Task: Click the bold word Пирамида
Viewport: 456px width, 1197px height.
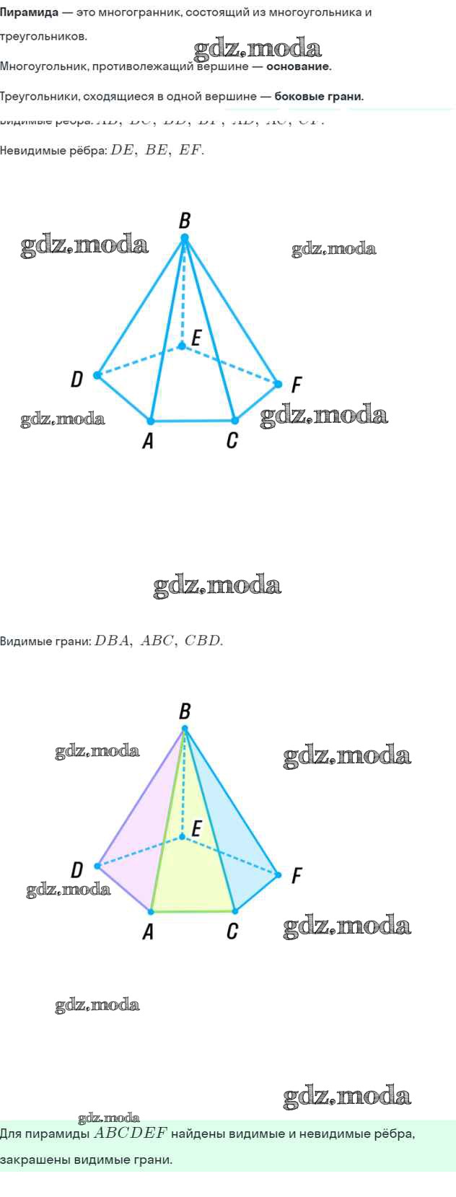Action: coord(29,13)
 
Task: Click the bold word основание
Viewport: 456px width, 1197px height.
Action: coord(299,66)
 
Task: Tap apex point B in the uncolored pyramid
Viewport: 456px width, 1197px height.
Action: coord(185,237)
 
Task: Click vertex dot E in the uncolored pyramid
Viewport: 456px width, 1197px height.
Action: coord(182,346)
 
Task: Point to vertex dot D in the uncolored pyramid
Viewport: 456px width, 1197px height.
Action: coord(97,375)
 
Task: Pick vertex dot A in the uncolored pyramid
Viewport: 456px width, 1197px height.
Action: coord(151,421)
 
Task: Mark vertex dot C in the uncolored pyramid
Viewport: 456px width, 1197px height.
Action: coord(234,420)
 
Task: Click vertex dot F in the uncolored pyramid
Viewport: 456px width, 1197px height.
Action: coord(279,384)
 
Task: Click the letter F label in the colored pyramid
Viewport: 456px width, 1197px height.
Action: coord(296,877)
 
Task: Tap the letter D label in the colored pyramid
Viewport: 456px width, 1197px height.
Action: coord(76,869)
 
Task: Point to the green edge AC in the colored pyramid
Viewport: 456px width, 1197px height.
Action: coord(193,911)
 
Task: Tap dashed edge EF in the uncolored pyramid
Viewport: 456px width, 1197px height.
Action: coord(231,365)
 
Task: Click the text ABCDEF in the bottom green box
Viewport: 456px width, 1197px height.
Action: coord(131,1134)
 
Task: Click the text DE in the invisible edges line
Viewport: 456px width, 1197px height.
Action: coord(122,151)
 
